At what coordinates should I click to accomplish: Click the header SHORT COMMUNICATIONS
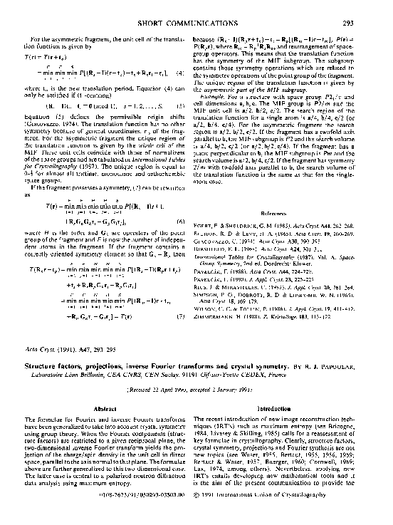tap(197, 23)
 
